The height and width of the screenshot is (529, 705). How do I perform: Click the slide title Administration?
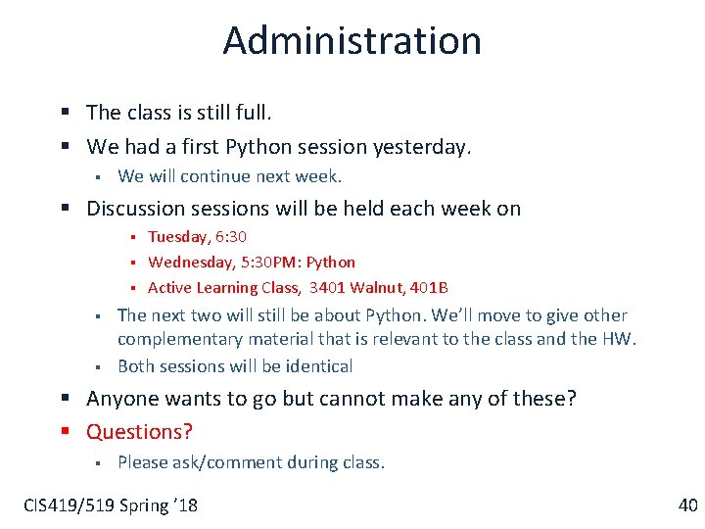[x=352, y=40]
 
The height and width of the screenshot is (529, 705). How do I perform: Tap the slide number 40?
[x=687, y=505]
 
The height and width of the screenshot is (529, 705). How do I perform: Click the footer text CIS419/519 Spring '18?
[x=111, y=505]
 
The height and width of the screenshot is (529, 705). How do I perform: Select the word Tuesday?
[x=178, y=236]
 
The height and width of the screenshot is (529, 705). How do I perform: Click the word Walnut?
[x=374, y=287]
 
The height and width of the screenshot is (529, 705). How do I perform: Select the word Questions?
[x=140, y=431]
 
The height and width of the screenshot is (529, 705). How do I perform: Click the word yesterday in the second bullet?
[x=423, y=147]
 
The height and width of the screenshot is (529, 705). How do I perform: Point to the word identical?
[x=318, y=366]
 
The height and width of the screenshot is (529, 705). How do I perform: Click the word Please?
[x=142, y=462]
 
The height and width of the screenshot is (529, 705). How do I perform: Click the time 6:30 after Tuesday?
[x=231, y=236]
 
